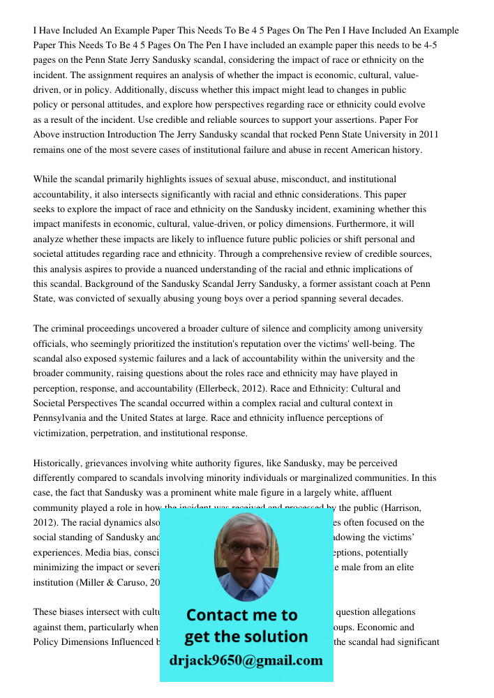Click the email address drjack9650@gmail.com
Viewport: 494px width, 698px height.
(246, 660)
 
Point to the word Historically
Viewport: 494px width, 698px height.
(59, 463)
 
